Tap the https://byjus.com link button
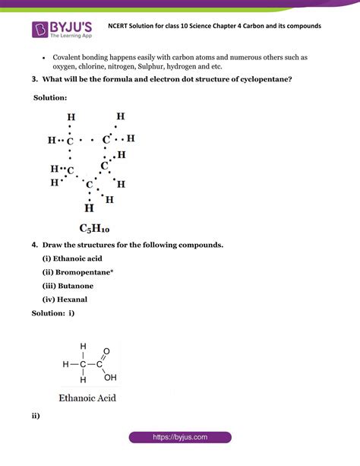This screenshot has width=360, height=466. (179, 438)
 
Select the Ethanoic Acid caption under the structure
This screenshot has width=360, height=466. (87, 397)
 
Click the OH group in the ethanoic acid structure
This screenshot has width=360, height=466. (111, 376)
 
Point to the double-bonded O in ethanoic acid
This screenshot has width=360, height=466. (106, 351)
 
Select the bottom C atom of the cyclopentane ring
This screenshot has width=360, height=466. (89, 185)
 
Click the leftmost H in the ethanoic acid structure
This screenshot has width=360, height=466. (66, 363)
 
